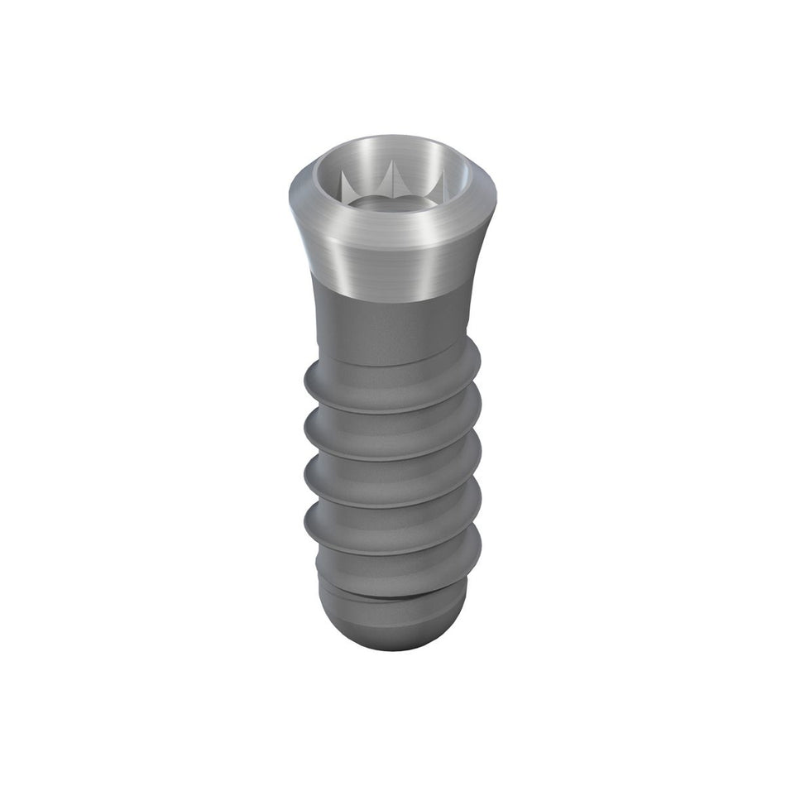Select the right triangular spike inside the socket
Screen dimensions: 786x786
pos(439,182)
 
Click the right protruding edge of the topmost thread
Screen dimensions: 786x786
pos(477,364)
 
